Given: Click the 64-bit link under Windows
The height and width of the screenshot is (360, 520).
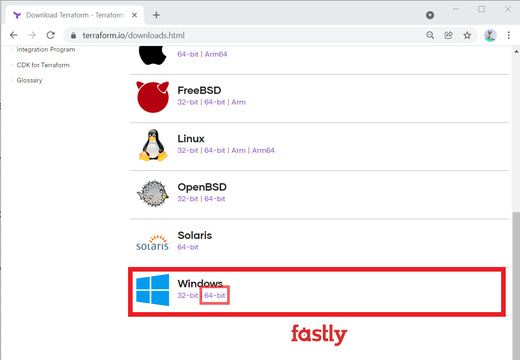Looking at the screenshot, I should [215, 296].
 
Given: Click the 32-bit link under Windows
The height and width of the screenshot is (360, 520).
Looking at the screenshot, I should [187, 296].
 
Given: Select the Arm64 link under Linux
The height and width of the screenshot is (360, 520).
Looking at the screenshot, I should [263, 151].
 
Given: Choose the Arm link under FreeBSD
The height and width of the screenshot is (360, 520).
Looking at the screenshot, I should [238, 102].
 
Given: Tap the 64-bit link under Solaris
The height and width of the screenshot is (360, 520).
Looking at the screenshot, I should [188, 247].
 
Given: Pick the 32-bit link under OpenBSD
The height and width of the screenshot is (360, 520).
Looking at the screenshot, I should [187, 199].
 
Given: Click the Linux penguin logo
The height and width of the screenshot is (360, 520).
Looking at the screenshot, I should [152, 145].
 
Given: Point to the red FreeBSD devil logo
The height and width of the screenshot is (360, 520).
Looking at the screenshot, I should [152, 97].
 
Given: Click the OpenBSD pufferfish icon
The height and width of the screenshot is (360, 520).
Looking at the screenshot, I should [152, 194].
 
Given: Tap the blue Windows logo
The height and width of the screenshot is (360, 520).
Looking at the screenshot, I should [152, 290].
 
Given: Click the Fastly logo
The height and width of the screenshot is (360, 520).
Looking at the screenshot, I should [319, 335].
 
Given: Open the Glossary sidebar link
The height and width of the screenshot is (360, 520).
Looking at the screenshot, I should [29, 80].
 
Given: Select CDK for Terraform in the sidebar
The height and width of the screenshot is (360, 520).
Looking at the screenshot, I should [43, 65].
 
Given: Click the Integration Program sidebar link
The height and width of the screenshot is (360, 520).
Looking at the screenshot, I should [46, 50].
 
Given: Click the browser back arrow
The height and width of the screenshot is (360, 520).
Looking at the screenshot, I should [13, 35].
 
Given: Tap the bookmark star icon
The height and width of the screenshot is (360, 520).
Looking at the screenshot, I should [467, 35].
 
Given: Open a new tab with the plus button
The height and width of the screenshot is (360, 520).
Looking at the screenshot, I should [156, 15].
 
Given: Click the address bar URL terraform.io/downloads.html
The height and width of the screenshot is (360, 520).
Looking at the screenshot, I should [134, 35].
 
